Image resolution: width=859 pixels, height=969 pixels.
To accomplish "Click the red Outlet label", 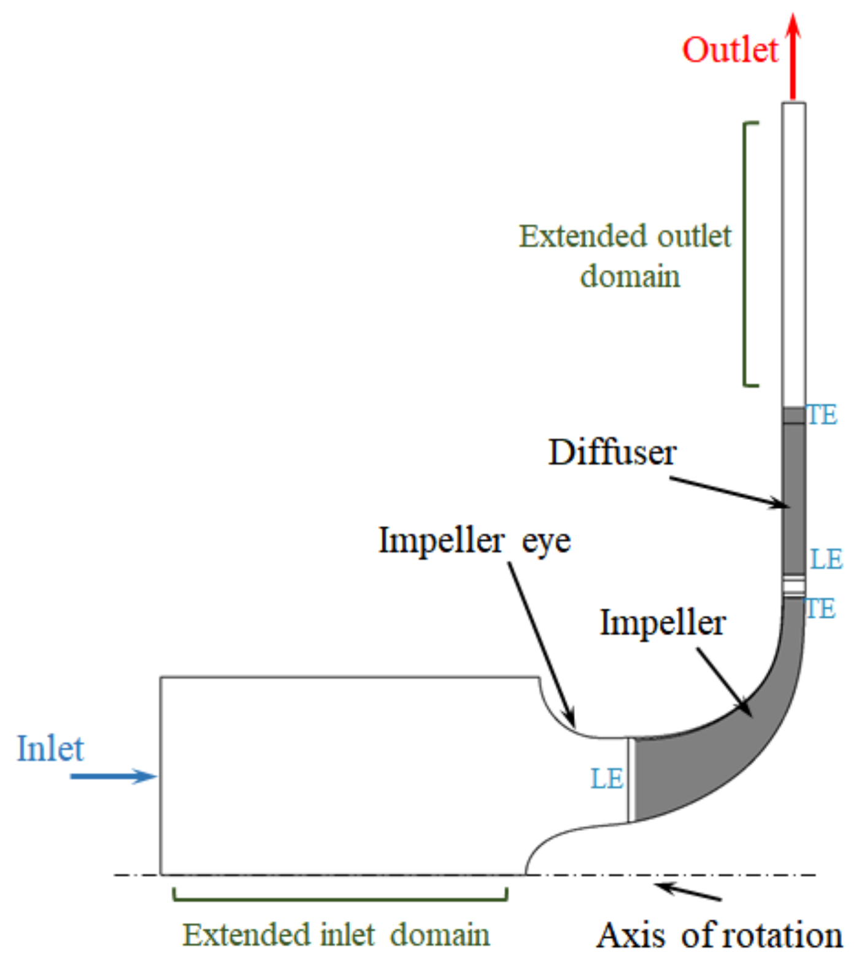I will point(730,50).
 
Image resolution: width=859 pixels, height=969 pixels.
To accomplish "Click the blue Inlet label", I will point(50,749).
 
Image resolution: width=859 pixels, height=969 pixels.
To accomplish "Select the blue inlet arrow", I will point(114,776).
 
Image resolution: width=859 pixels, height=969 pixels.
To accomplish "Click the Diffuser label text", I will point(612,453).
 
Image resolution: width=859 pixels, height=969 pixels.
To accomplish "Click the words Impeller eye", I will point(474,541).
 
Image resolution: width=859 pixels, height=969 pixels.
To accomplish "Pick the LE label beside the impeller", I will point(607,779).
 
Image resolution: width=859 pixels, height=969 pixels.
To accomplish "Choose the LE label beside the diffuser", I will point(826,559).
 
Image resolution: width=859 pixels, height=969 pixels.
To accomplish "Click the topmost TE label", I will point(822,415).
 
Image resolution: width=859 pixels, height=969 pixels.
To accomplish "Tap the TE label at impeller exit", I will point(820,609).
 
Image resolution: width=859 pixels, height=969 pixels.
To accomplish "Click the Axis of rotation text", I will point(719,936).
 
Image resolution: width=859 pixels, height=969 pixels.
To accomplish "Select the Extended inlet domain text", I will point(336,935).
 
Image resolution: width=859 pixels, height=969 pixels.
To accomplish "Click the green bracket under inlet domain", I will point(340,899).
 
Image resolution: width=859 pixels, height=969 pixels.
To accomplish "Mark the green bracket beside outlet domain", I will point(745,254).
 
